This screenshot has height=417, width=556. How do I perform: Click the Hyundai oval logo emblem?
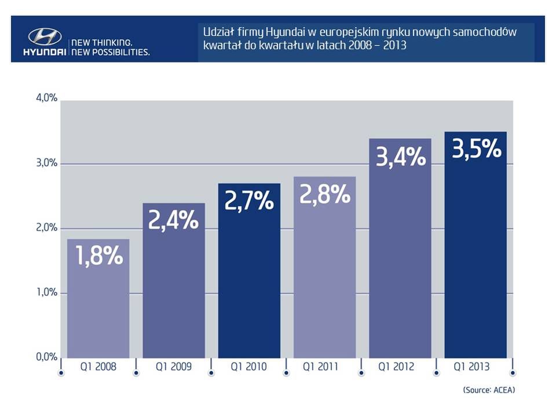coord(45,36)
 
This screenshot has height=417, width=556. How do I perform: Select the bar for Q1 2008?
coord(98,307)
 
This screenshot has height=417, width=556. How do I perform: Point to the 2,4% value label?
coord(174,221)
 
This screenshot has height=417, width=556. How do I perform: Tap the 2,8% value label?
coord(325,195)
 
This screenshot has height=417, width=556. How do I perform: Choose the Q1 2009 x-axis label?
coord(174,367)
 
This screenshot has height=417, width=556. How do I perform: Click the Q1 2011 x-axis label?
coord(325,367)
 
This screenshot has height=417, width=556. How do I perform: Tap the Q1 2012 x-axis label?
coord(400,367)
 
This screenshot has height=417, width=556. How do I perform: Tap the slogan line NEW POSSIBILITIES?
coord(109,52)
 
